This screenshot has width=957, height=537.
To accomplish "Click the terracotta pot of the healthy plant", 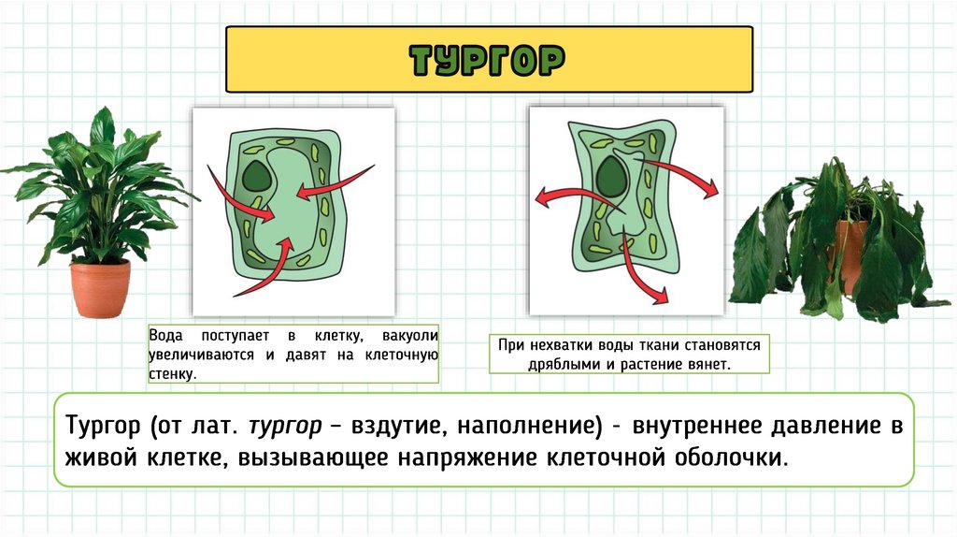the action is (100, 288).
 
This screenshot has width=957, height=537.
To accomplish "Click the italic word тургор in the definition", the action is (285, 426).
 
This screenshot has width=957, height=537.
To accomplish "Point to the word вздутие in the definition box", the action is (397, 426).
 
